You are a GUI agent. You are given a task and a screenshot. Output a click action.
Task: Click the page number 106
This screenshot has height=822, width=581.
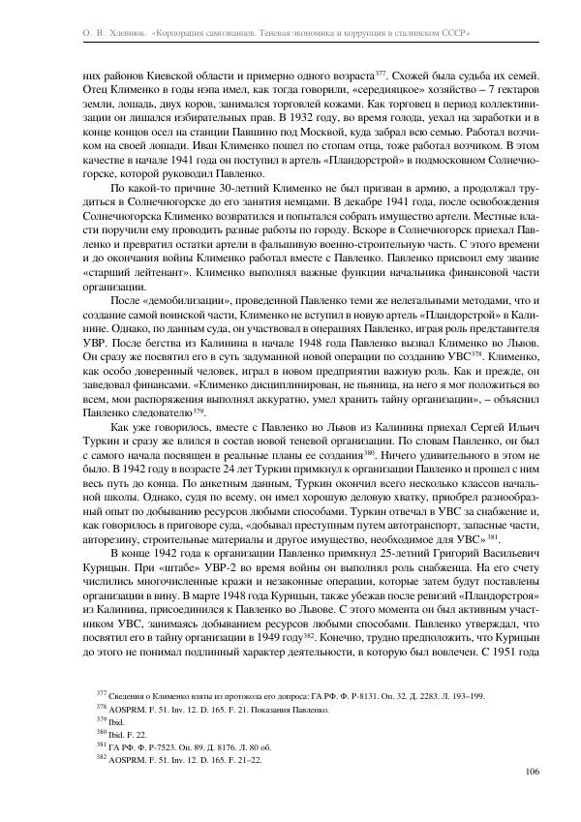click(532, 772)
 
